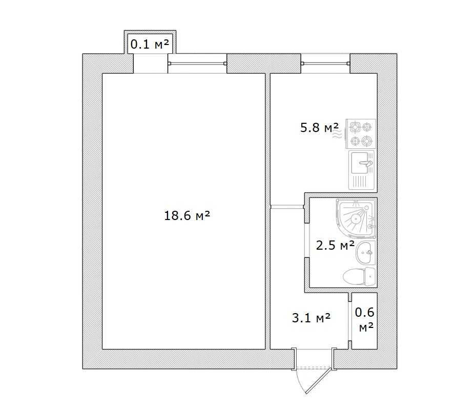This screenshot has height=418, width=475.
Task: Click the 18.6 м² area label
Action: pos(187,216)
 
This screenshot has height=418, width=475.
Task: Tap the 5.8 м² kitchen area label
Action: pos(319,127)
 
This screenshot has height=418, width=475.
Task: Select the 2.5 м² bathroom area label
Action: pos(335,245)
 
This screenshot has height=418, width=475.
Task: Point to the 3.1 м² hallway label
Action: pos(311,318)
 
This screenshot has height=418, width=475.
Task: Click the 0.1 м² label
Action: pos(150,45)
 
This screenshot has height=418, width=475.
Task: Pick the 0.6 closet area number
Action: pos(364,313)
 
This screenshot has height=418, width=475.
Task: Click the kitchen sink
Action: pos(362,170)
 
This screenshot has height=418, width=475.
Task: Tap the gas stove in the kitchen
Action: pos(361,134)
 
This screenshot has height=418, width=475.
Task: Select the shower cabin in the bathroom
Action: pos(357,218)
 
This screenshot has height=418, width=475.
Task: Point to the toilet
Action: pos(360,276)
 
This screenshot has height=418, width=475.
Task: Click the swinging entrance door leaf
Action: pos(318,381)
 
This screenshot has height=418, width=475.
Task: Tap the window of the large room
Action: pos(197,63)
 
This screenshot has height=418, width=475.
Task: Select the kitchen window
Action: pos(326,63)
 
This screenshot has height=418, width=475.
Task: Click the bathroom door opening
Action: pos(306,240)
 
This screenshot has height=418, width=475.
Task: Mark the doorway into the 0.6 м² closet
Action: pos(350,321)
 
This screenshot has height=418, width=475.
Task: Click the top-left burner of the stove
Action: pos(355,127)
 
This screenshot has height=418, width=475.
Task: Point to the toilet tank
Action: pos(370,276)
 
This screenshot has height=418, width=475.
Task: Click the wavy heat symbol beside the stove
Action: pos(337,134)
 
